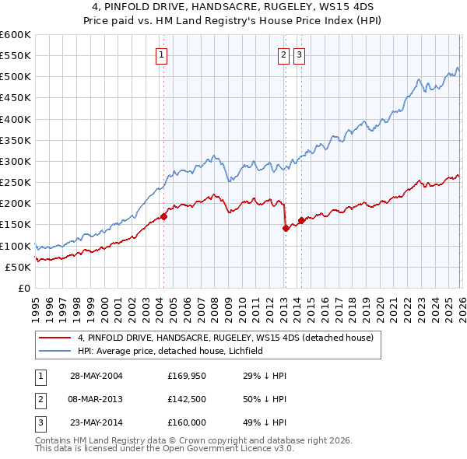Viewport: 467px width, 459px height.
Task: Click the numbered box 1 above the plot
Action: point(161,54)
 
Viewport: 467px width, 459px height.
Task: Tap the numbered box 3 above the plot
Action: point(299,54)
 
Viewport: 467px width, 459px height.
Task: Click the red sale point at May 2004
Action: point(163,216)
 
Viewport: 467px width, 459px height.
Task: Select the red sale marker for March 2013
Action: point(285,228)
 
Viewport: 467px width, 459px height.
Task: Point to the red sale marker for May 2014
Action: point(301,220)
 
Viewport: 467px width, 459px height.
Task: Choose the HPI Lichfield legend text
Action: point(171,351)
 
